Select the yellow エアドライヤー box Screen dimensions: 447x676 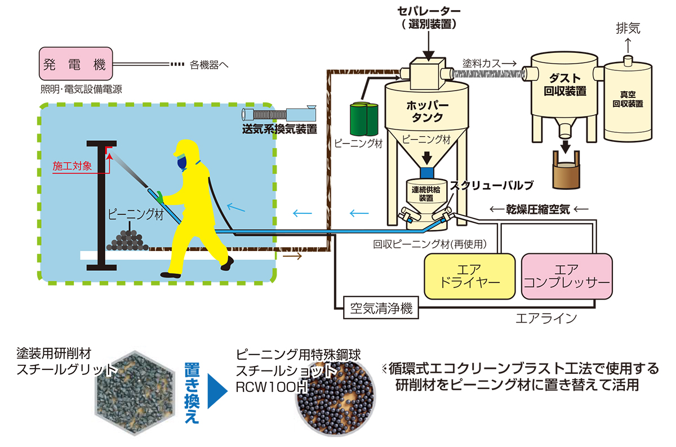[x=469, y=275]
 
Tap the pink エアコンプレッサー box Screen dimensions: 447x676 [x=567, y=275]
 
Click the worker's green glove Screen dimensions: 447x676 [x=160, y=198]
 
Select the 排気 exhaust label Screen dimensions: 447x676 [x=627, y=29]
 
